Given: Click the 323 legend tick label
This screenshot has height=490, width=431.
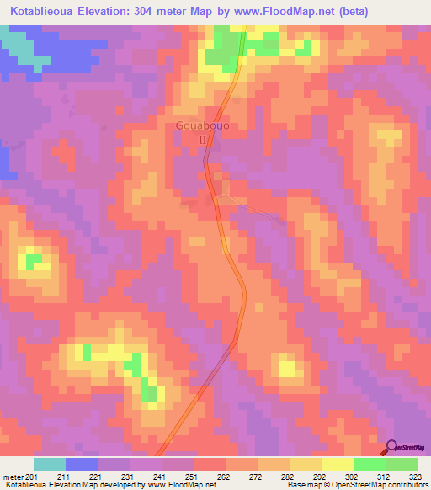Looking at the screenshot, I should coord(417,477).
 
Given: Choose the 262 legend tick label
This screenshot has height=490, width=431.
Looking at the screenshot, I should coord(225,477).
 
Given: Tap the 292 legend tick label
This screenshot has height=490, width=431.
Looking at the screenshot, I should coord(321,477).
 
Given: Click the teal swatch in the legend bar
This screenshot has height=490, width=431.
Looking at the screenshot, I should coord(50,464).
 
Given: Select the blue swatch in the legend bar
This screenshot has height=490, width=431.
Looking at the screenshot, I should coord(82,464).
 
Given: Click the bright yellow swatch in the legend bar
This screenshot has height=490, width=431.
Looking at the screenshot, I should coord(337,464).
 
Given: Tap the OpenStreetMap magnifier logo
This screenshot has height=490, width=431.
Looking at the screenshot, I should coord(392,447).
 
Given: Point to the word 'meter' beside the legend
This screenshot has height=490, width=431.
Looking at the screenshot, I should coord(13,477).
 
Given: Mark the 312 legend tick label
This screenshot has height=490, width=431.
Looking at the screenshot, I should coord(385,477).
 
